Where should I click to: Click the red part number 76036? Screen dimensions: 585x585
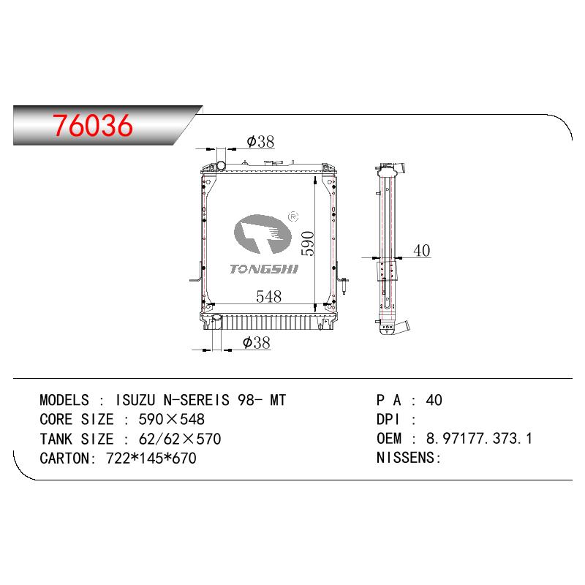click(x=93, y=125)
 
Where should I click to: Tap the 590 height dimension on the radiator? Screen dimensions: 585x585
click(x=308, y=244)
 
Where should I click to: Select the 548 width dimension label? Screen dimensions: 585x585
click(x=268, y=297)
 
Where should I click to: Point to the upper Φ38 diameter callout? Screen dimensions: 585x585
click(x=260, y=142)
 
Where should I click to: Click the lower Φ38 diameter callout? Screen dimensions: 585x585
click(x=257, y=342)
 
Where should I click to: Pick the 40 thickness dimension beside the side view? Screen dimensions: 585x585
click(x=422, y=250)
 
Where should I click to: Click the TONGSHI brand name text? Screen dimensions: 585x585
click(x=264, y=269)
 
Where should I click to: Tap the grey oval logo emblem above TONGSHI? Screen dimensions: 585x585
click(x=263, y=234)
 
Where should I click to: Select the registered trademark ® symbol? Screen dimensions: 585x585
click(x=294, y=216)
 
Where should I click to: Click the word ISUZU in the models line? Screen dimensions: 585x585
click(x=135, y=400)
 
